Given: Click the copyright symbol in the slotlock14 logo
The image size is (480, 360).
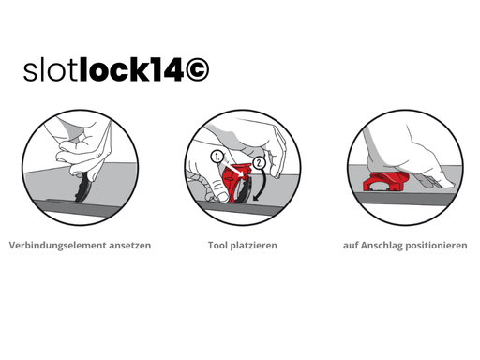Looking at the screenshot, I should (x=193, y=70).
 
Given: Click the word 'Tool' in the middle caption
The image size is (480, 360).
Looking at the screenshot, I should (x=218, y=246).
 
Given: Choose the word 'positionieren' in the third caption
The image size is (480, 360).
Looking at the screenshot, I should (x=439, y=246).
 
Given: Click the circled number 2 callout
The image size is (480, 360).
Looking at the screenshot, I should (x=261, y=160).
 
